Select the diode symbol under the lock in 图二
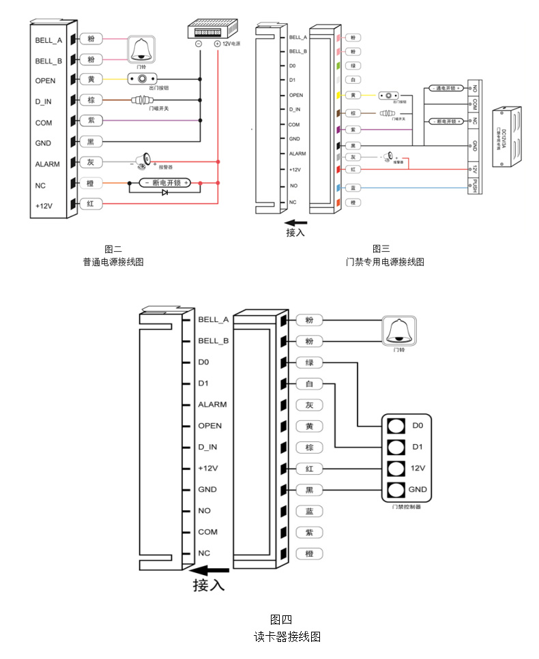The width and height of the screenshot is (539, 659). [x=164, y=193]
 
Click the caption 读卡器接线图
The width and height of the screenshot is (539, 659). [x=287, y=636]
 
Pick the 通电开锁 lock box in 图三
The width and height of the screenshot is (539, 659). [x=445, y=89]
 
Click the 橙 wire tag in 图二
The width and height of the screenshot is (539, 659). [x=91, y=184]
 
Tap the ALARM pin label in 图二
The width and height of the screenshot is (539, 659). [x=48, y=164]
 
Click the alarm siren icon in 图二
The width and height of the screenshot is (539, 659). [x=143, y=162]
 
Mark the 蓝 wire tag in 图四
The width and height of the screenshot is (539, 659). [x=309, y=511]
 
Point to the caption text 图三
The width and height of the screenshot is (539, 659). [x=381, y=248]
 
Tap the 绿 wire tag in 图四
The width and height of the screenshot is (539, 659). [x=309, y=362]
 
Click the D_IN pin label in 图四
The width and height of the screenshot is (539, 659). [x=207, y=447]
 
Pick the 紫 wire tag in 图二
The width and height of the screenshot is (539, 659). [x=91, y=121]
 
